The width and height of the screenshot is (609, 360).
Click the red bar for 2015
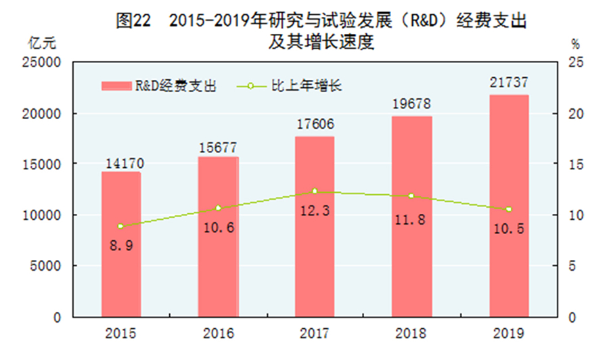121,244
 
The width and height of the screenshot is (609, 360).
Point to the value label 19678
411,105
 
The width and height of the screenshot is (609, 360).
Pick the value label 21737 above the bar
509,84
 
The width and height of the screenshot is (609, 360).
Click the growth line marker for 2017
314,192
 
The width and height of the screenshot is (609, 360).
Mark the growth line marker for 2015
120,226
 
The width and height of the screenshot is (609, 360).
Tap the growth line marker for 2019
509,209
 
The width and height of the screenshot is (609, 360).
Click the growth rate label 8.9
122,245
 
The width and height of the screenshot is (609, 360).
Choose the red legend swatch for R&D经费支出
116,87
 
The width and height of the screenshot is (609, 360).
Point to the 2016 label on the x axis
218,334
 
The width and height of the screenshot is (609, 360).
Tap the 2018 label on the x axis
411,334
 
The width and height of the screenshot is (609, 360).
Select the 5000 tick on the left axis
47,266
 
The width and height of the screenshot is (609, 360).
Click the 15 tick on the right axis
574,164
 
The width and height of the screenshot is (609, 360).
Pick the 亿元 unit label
43,43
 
